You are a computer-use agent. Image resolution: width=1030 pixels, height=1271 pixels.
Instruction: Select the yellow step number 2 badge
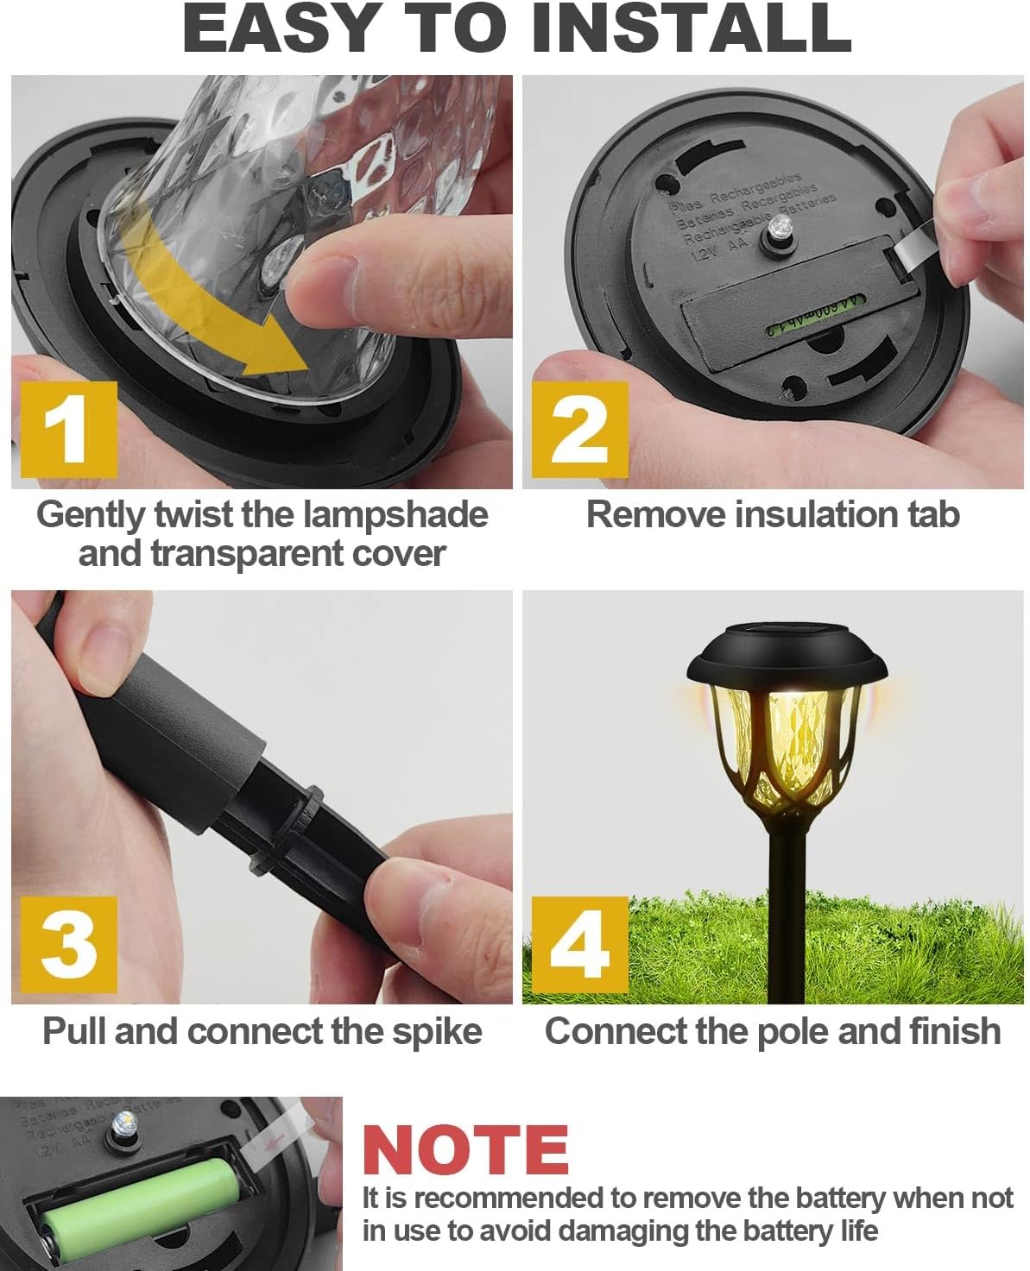578,428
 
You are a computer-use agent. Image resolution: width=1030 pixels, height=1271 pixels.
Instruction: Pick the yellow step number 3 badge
66,943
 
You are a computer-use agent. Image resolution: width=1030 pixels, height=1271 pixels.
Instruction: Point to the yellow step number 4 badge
578,943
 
